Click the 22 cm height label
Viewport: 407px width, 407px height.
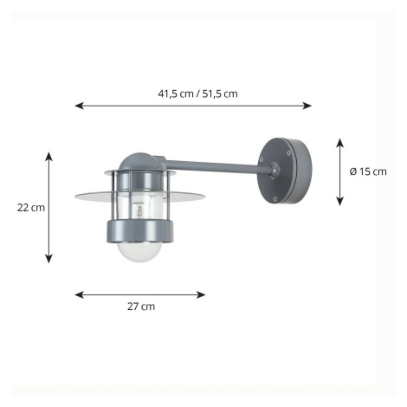pos(31,208)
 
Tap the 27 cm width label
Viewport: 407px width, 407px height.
pos(141,307)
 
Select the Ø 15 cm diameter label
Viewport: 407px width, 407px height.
pos(368,171)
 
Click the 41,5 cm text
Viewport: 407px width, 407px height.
pos(176,94)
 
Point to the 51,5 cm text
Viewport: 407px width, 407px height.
pos(220,94)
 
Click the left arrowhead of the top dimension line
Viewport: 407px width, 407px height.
pos(79,106)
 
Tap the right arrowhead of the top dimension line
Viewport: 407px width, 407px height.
pos(307,106)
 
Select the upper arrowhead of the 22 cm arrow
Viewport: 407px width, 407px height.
pos(49,156)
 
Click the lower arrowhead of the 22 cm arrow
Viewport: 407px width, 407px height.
pos(49,259)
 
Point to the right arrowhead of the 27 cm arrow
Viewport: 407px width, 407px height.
pos(201,294)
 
